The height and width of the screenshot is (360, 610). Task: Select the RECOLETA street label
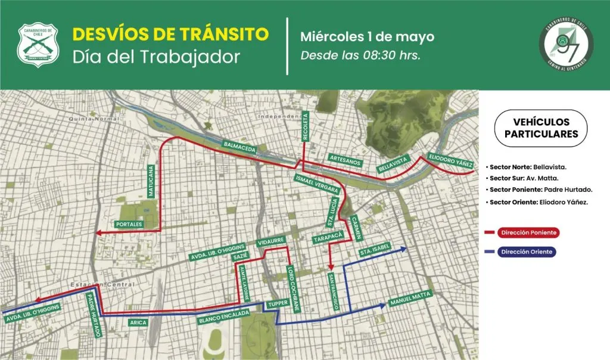tap(306, 126)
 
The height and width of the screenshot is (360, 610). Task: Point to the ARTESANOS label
tap(345, 157)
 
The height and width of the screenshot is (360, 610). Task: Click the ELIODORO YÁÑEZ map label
tap(450, 159)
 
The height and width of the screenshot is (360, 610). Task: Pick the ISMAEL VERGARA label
tap(316, 184)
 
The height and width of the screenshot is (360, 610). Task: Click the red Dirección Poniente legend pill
tap(524, 232)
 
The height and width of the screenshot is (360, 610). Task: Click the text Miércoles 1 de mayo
tap(367, 36)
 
